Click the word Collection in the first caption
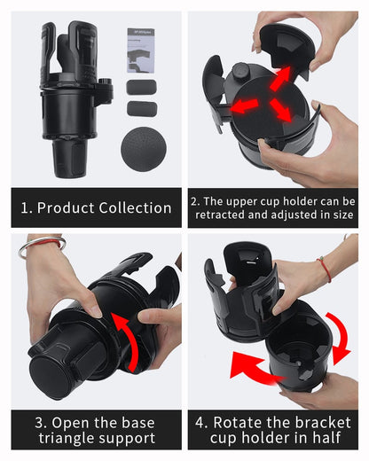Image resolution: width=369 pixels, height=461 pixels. point(131,208)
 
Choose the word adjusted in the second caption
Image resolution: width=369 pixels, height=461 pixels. point(298,215)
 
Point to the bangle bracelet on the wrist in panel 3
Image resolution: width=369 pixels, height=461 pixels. point(41,243)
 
